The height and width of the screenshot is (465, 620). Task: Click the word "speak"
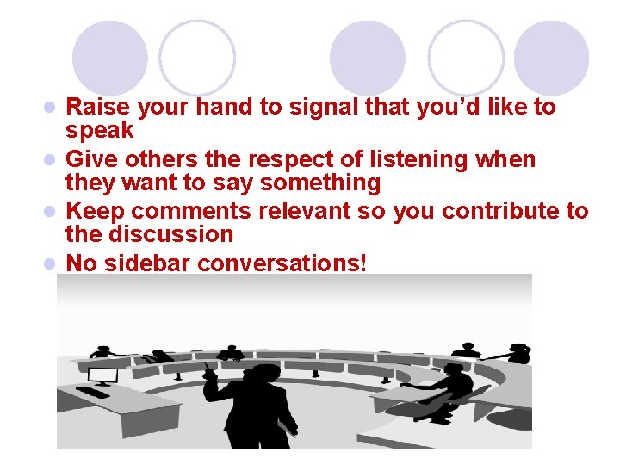coord(100,131)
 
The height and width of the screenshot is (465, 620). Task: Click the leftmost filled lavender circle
coord(109,58)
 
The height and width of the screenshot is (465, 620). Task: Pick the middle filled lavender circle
coord(368,58)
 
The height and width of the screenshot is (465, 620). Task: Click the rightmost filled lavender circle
coord(551,58)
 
